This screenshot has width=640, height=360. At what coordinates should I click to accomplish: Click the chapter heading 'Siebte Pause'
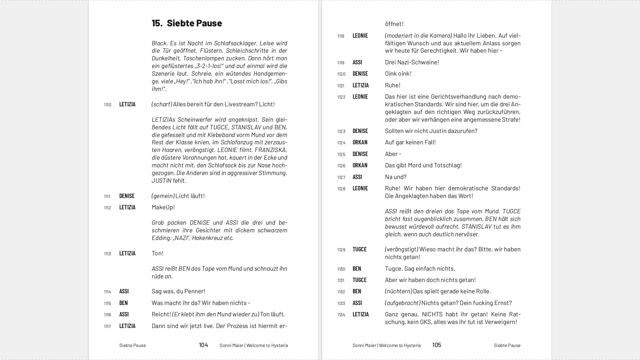194,23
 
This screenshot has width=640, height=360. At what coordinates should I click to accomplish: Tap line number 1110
107,105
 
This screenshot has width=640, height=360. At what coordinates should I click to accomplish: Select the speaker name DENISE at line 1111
127,196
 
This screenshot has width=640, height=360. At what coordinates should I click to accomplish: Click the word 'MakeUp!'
163,207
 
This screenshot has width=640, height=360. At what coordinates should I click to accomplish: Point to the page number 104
203,345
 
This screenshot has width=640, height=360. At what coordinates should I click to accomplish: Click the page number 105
437,345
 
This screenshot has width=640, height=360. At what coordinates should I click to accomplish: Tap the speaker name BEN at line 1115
123,303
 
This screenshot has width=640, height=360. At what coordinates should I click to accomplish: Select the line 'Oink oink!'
398,74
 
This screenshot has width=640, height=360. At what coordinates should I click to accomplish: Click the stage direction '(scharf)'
162,104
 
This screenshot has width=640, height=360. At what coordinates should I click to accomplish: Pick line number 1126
341,166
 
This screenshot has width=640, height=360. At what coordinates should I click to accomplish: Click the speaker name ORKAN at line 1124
360,142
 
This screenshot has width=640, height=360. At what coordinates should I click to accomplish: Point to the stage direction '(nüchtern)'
398,291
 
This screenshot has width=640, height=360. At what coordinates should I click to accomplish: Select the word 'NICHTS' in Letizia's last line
432,314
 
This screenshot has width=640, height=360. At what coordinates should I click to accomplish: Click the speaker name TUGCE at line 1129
359,249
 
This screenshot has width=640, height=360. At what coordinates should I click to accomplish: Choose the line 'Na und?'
395,177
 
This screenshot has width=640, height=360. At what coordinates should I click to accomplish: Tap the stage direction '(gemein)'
163,196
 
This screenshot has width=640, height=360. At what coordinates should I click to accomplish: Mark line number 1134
341,315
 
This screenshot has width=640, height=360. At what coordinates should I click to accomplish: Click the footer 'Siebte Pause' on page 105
507,345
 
